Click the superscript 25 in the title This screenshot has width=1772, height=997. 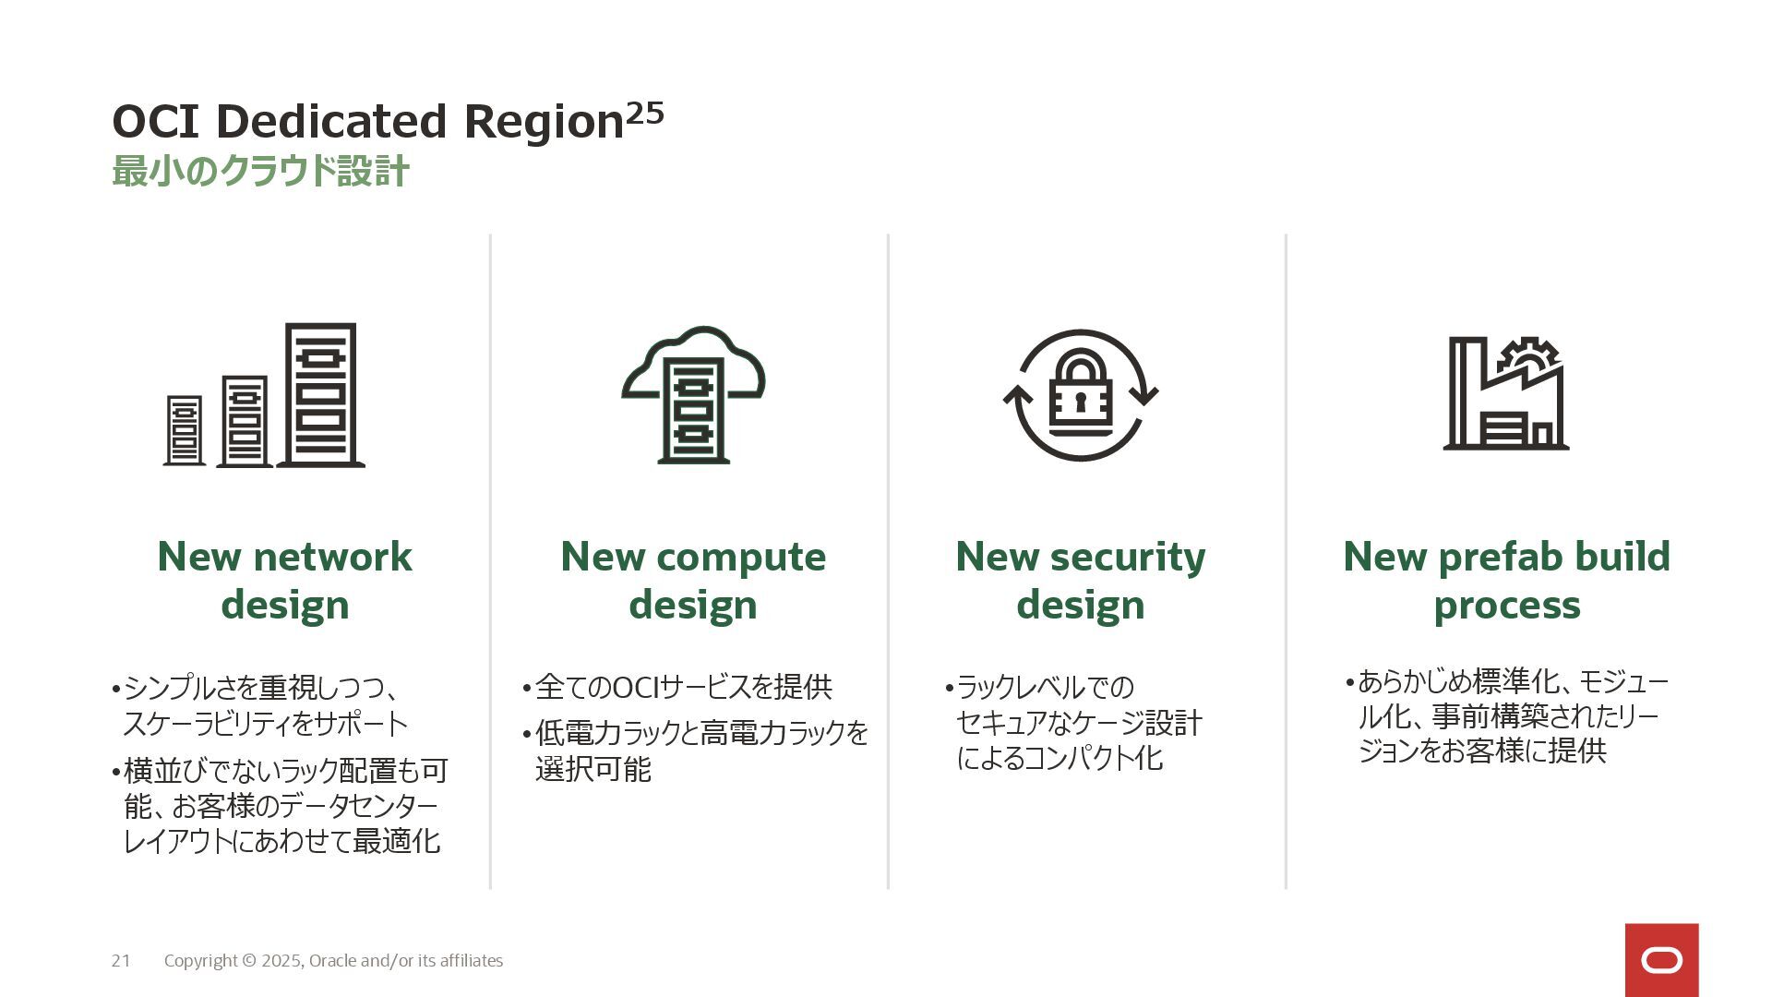[x=644, y=113]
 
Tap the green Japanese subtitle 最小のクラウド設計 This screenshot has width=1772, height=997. [x=260, y=172]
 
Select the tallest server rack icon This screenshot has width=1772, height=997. [x=320, y=394]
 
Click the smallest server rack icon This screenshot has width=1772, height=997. [x=185, y=430]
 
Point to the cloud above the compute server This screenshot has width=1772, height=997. [x=693, y=355]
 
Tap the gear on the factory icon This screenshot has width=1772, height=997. [x=1528, y=355]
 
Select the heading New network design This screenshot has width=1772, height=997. [x=284, y=581]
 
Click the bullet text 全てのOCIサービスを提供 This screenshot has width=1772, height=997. [x=683, y=687]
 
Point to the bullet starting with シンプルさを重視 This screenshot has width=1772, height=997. [x=265, y=705]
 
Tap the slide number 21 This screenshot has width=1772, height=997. [x=121, y=961]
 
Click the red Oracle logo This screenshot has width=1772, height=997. [x=1661, y=960]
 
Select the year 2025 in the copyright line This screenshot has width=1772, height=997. [x=281, y=961]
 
